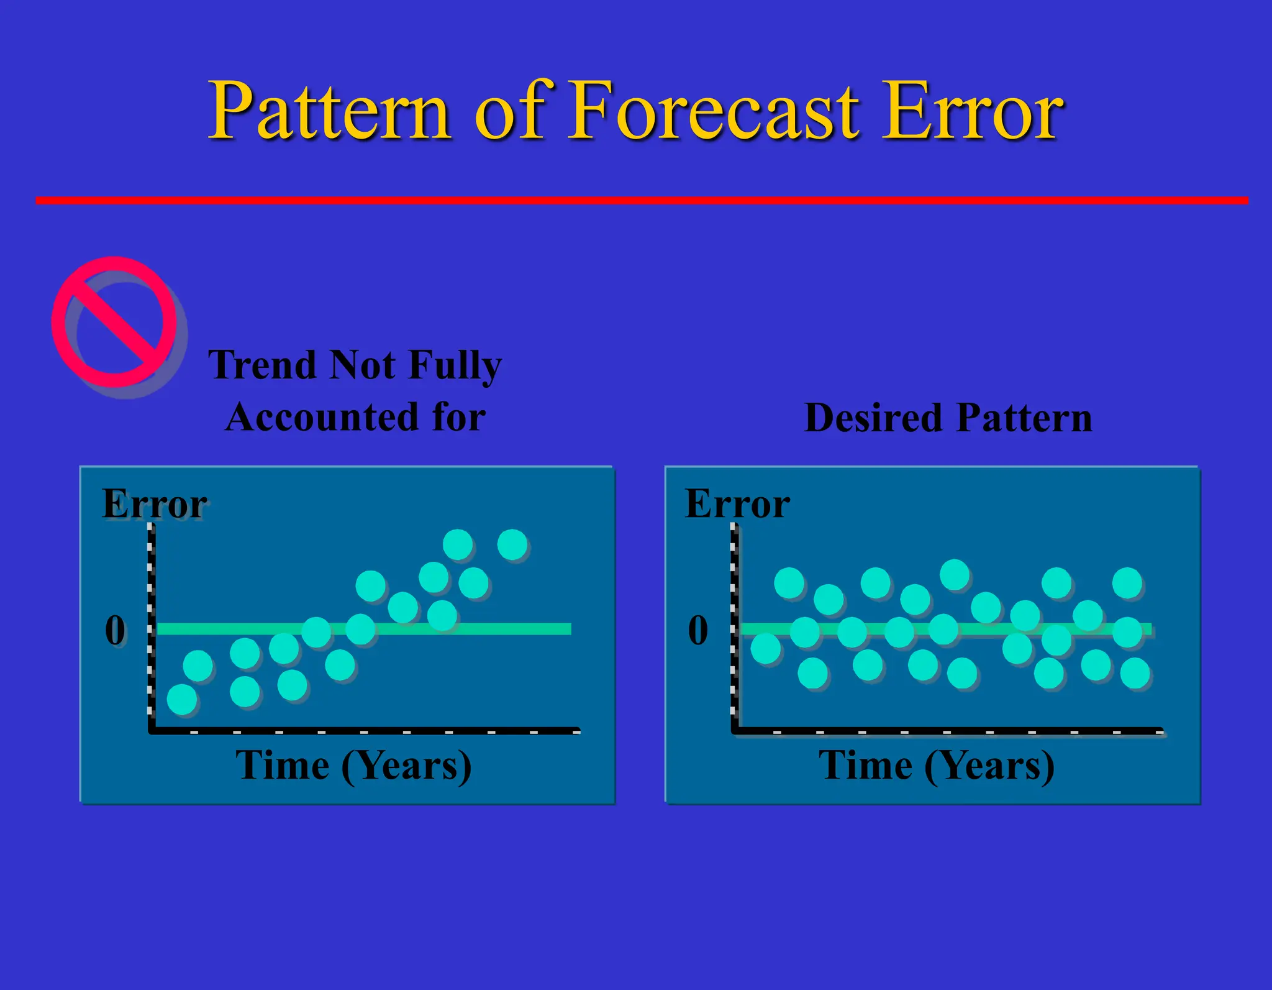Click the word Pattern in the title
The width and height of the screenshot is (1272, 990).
tap(329, 112)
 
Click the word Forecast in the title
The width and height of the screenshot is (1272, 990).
tap(714, 112)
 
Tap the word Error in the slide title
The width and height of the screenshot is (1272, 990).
tap(972, 112)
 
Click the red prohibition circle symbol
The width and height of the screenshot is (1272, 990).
tap(115, 322)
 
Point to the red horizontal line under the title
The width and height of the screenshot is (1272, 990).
tap(640, 200)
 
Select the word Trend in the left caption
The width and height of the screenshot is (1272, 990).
tap(263, 365)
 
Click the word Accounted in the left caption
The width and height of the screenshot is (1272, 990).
tap(321, 417)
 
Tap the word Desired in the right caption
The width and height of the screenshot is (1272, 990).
tap(873, 418)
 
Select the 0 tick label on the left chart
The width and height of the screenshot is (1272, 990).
tap(116, 630)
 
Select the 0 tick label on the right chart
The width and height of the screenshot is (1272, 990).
tap(698, 630)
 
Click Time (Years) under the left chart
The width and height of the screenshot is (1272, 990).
tap(353, 765)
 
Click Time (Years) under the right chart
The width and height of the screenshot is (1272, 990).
tap(937, 765)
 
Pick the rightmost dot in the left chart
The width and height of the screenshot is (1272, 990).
tap(512, 545)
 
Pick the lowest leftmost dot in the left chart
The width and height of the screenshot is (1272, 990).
tap(182, 700)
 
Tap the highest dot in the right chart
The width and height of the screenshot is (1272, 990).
tap(955, 574)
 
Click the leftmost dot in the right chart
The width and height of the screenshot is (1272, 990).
tap(765, 649)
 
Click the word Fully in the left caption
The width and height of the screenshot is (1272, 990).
tap(455, 365)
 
